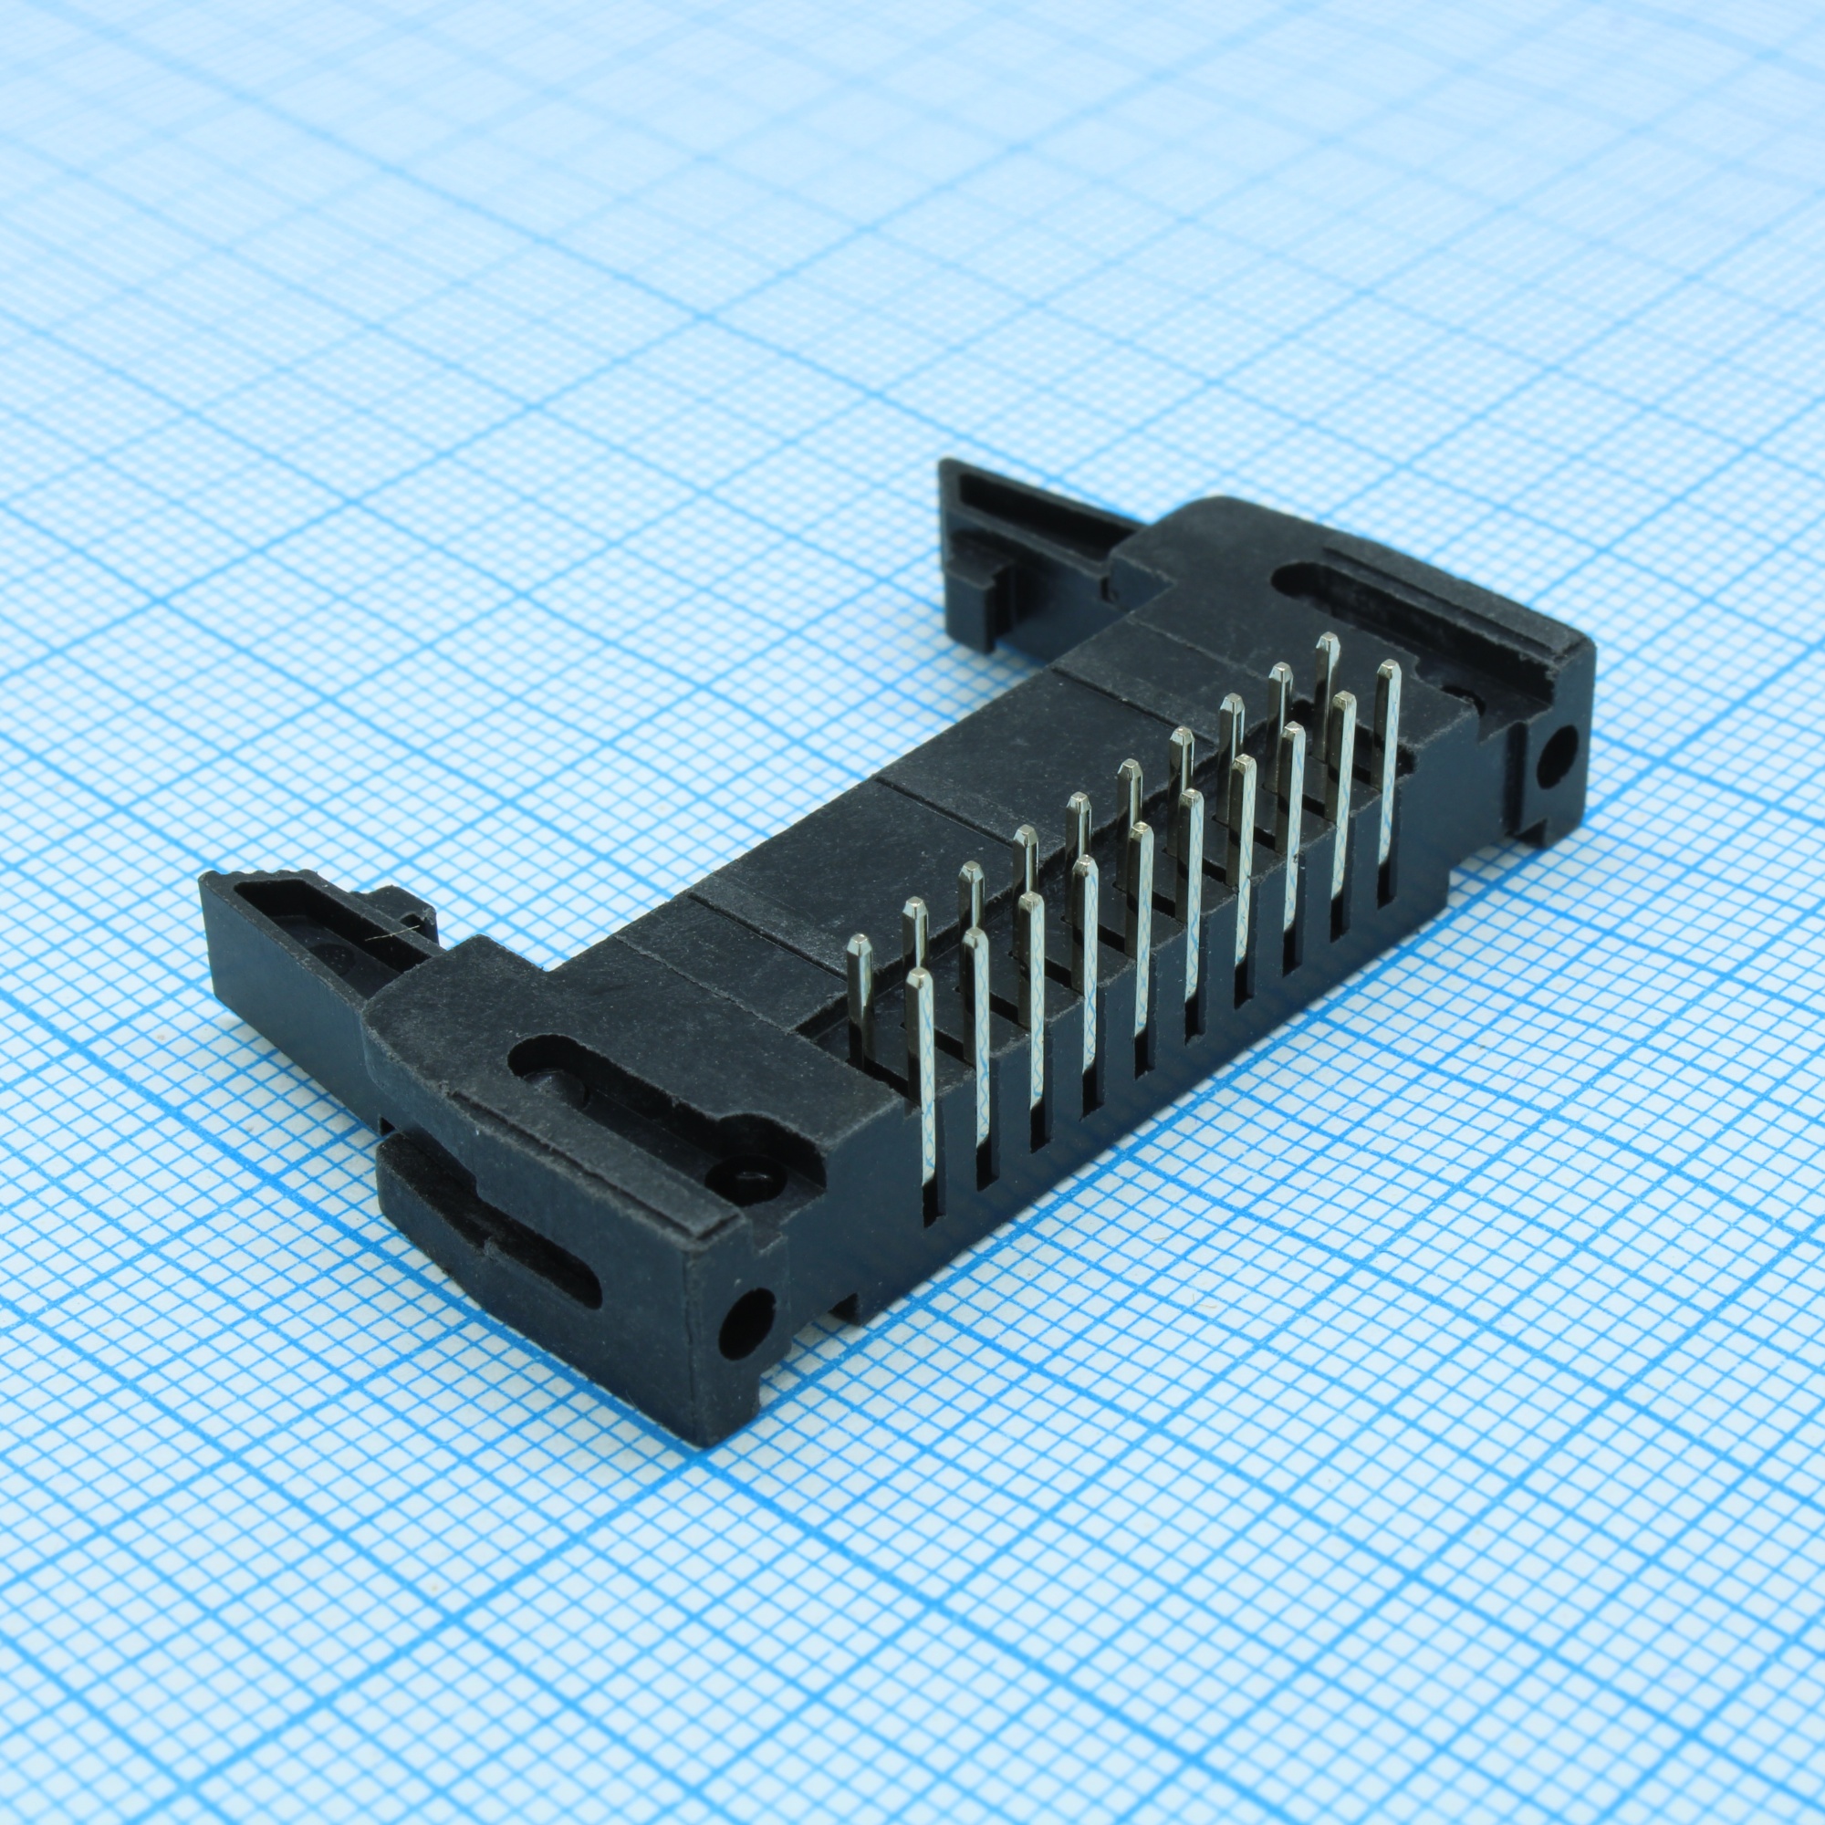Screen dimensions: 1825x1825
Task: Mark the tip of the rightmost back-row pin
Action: [x=1327, y=643]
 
